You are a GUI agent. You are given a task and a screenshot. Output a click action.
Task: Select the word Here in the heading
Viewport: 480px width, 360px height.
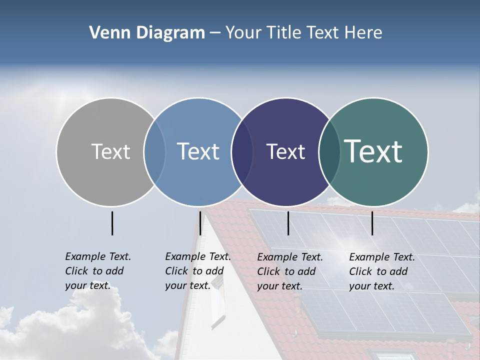pyautogui.click(x=364, y=33)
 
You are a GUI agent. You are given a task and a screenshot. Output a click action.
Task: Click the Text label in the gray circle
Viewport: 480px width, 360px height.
pyautogui.click(x=110, y=151)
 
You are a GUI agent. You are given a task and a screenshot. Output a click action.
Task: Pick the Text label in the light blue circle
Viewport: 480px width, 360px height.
pyautogui.click(x=198, y=151)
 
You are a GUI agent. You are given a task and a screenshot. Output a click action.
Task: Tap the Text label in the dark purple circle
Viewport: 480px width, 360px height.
pyautogui.click(x=285, y=152)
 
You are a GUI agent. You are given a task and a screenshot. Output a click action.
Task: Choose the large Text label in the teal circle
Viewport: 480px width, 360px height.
pyautogui.click(x=373, y=151)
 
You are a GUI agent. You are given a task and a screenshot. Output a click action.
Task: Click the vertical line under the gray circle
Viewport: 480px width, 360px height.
pyautogui.click(x=112, y=223)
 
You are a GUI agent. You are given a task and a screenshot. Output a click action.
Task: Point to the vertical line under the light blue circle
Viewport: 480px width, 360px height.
pyautogui.click(x=200, y=223)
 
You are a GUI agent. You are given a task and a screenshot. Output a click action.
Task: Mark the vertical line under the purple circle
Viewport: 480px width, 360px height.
pyautogui.click(x=288, y=223)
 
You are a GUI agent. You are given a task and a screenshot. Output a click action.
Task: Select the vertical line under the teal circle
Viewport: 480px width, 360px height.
pyautogui.click(x=372, y=223)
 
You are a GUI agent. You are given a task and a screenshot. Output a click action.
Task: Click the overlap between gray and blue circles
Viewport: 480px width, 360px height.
pyautogui.click(x=154, y=151)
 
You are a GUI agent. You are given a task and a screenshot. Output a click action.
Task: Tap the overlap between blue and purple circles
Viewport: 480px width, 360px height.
pyautogui.click(x=242, y=151)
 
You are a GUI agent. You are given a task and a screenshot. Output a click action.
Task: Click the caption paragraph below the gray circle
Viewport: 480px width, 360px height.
pyautogui.click(x=97, y=271)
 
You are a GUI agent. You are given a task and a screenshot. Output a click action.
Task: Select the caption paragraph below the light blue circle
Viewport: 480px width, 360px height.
pyautogui.click(x=197, y=271)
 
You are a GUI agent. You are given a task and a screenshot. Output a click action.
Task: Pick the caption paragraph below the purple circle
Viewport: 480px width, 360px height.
pyautogui.click(x=289, y=271)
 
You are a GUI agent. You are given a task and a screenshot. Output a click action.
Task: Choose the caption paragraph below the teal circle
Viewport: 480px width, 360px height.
pyautogui.click(x=381, y=271)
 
